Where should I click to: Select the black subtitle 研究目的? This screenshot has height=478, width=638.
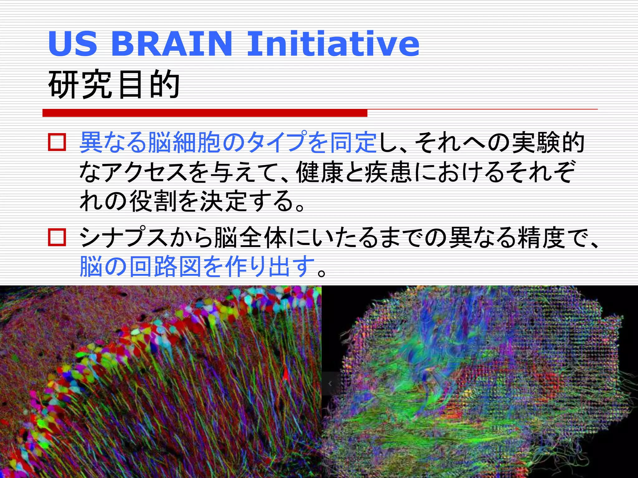[x=114, y=84]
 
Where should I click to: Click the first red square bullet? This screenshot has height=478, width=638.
[x=57, y=143]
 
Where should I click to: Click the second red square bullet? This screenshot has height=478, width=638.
[x=57, y=237]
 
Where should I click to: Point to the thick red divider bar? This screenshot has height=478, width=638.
[x=205, y=113]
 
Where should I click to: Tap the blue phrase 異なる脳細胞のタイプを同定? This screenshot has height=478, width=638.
[x=228, y=143]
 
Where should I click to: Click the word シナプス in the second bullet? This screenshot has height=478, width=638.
[x=124, y=237]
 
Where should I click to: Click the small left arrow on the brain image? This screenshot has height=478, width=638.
[x=330, y=384]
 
